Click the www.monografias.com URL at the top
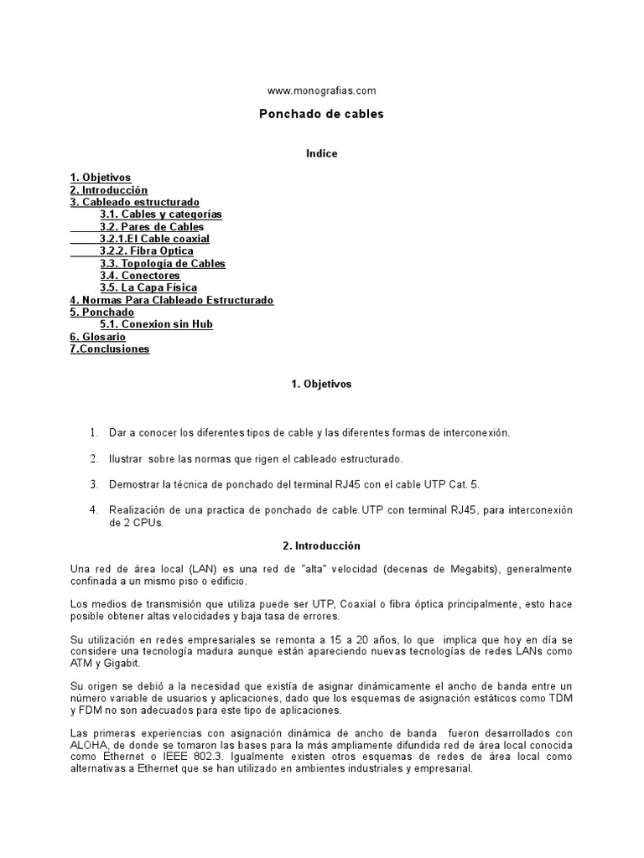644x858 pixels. tap(321, 90)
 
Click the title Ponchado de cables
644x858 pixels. tap(321, 114)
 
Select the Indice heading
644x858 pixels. tap(321, 154)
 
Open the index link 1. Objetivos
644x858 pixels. tap(101, 178)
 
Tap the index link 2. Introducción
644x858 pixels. tap(108, 190)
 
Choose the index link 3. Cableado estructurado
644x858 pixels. tap(135, 203)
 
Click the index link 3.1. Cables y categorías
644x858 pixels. tap(161, 214)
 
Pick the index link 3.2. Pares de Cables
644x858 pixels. tap(152, 227)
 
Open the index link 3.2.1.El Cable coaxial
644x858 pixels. tap(154, 239)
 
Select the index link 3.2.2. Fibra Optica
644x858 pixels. tap(147, 251)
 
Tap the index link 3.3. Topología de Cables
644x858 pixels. tap(163, 264)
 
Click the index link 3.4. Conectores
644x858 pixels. tap(140, 276)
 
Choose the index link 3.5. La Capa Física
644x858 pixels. tap(148, 288)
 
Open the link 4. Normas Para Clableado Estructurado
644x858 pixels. tap(172, 300)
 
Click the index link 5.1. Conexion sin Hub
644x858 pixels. tap(156, 324)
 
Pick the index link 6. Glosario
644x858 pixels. tap(98, 337)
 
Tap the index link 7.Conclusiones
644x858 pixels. tap(110, 349)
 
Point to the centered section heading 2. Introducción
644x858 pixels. tap(321, 545)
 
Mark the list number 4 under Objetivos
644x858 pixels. tap(94, 509)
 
